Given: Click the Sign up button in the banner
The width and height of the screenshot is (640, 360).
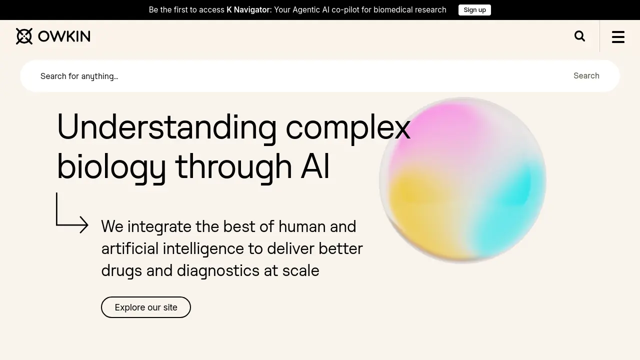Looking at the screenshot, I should [474, 10].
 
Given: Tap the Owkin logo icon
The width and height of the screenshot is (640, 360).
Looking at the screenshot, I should [24, 36].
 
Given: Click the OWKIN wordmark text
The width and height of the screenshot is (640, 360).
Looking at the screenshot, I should [64, 36].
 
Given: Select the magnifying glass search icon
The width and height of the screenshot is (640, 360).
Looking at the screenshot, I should [579, 36].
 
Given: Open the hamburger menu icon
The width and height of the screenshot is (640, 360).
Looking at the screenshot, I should [618, 36].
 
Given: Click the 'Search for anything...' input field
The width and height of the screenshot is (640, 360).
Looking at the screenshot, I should [300, 76].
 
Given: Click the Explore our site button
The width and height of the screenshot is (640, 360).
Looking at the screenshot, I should [146, 307].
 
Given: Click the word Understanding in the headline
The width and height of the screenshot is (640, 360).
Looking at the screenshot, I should [166, 127].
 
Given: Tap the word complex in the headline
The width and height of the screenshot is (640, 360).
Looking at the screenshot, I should [348, 127].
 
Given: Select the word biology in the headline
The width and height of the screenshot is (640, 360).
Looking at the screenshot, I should [111, 166].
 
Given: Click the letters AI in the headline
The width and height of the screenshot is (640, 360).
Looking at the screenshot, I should [315, 166].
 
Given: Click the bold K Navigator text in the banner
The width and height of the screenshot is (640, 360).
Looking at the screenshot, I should [248, 10].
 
